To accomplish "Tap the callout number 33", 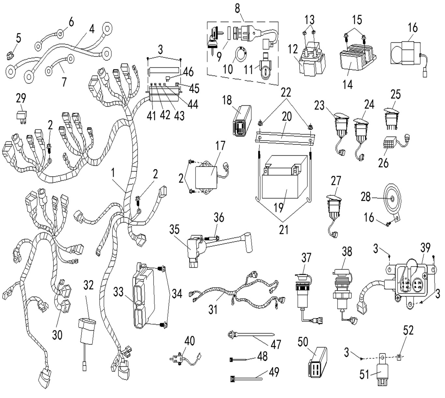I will pyautogui.click(x=119, y=292).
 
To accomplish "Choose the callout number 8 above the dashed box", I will pyautogui.click(x=237, y=9).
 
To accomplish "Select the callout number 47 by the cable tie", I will pyautogui.click(x=276, y=344).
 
